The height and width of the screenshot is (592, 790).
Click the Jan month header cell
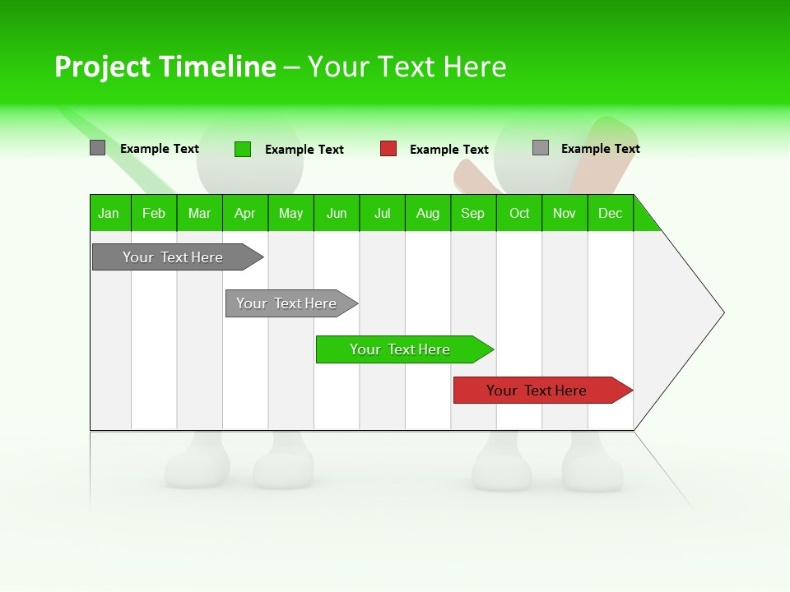109,213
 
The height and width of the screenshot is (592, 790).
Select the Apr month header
245,213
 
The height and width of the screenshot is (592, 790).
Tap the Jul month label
382,213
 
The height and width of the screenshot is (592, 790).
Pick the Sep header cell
473,213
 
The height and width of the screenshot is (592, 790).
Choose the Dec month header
610,213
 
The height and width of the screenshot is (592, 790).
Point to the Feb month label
154,213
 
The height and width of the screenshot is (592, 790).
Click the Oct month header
519,213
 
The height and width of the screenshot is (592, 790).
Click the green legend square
243,149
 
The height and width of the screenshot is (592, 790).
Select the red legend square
388,149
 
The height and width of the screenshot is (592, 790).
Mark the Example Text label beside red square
449,150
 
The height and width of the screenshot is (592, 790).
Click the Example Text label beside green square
304,150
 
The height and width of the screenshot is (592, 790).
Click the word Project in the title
103,67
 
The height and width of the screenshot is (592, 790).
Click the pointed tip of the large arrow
721,312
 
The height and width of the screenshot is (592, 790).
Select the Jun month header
337,213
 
